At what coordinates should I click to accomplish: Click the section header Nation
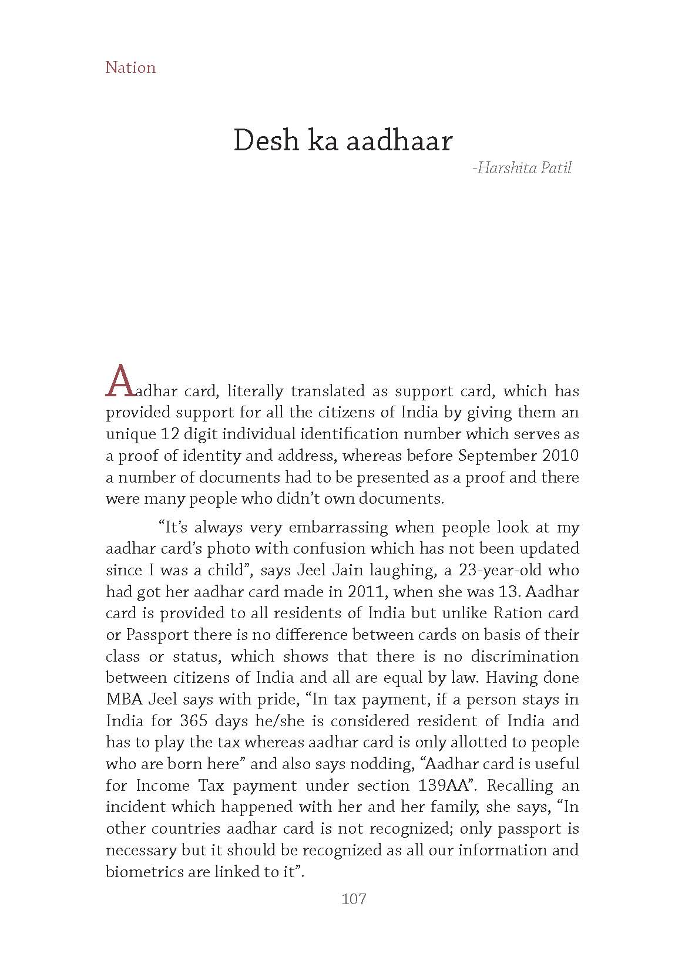pos(130,68)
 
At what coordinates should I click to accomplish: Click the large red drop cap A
pos(119,381)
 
